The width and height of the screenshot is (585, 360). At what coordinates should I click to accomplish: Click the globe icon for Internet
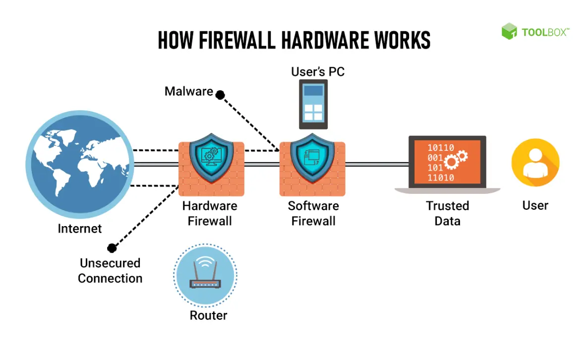click(x=79, y=163)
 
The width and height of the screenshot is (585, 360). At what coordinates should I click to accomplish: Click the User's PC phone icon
click(x=313, y=105)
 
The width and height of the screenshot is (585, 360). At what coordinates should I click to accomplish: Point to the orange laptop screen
click(x=447, y=162)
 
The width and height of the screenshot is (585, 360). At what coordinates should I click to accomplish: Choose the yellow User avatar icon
click(x=535, y=163)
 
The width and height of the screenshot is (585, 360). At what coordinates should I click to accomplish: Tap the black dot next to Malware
click(x=221, y=94)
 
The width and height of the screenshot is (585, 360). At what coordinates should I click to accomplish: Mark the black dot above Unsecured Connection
click(x=112, y=248)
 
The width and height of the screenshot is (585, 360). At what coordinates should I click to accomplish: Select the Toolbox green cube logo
click(x=509, y=32)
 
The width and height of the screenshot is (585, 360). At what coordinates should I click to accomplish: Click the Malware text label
click(x=188, y=92)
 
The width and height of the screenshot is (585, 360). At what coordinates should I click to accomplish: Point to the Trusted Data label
click(x=447, y=213)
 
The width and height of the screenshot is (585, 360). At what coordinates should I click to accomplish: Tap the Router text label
click(x=208, y=315)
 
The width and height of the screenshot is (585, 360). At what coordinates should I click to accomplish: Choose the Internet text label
click(x=80, y=229)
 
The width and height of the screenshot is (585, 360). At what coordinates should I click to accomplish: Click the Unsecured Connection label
click(x=110, y=271)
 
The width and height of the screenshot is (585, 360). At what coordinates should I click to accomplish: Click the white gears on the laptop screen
click(x=456, y=160)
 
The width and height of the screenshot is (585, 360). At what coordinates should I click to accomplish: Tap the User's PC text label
click(x=317, y=72)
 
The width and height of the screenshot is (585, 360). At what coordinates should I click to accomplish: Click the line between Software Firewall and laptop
click(x=377, y=164)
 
